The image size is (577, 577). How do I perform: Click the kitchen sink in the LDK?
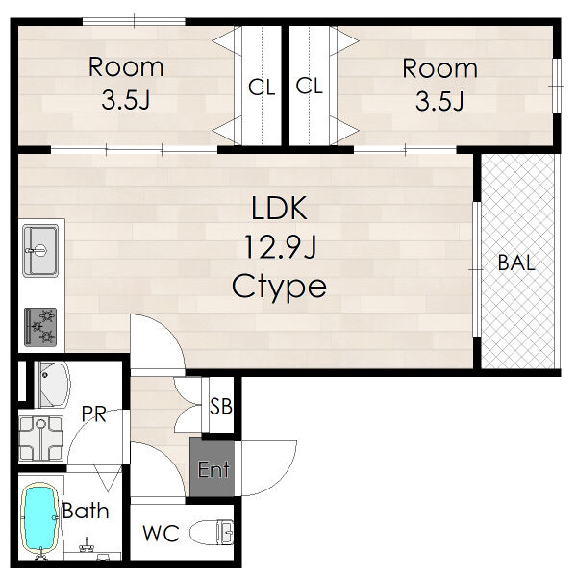coord(40,251)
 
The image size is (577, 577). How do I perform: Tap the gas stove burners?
coord(40,327)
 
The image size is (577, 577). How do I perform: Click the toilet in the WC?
coord(212,532)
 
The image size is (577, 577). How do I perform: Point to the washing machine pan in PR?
coord(40,439)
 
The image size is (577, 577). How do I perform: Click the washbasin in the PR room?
coord(53,385)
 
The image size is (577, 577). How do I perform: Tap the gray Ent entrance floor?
coord(213,467)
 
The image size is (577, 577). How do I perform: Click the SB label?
coord(221,406)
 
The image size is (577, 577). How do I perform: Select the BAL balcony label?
coord(516,263)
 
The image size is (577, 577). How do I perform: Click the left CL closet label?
coord(262,88)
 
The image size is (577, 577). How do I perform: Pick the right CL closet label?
coord(309,86)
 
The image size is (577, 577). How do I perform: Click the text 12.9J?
coord(280,247)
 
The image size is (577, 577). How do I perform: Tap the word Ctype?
coord(279,288)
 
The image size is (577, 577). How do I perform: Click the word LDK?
coord(279,209)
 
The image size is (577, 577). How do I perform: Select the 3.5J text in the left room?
coord(126,100)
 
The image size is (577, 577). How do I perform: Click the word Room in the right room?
coord(440,68)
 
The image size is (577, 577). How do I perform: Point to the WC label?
coord(162,533)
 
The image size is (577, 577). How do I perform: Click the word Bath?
coord(86,511)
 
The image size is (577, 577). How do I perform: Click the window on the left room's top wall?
coord(134,22)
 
